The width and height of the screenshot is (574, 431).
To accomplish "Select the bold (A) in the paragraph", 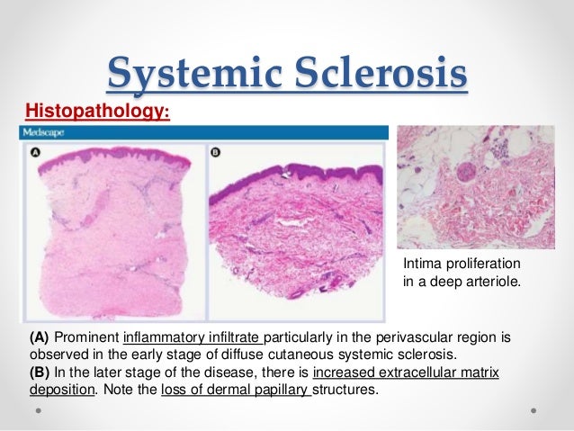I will pyautogui.click(x=40, y=337).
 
